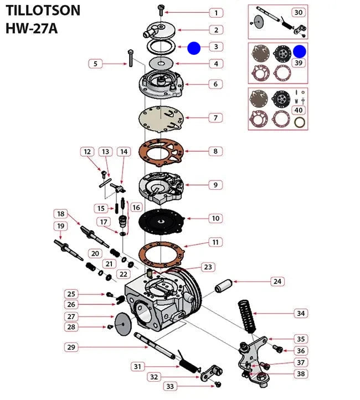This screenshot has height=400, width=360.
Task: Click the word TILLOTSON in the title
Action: click(x=43, y=10)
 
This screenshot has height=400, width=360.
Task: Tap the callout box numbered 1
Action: click(x=216, y=12)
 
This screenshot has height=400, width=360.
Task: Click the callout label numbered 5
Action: click(x=95, y=64)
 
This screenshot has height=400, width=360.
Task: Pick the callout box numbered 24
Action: click(x=277, y=282)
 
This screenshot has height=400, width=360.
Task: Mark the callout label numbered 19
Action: click(x=61, y=226)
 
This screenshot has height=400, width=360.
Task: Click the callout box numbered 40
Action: click(x=299, y=110)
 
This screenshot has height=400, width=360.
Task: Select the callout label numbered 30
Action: click(x=298, y=12)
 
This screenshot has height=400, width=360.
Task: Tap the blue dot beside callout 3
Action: click(x=194, y=48)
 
